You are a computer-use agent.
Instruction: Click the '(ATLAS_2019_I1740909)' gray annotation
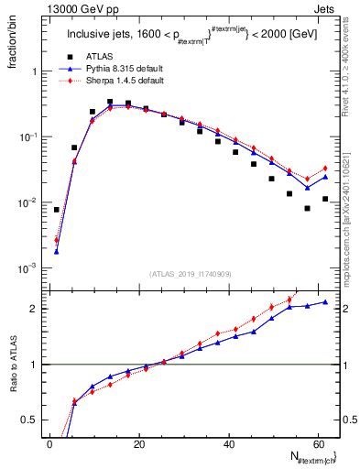pyautogui.click(x=190, y=273)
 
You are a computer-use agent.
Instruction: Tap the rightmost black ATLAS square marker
pyautogui.click(x=325, y=199)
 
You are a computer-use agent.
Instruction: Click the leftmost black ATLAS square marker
pyautogui.click(x=57, y=210)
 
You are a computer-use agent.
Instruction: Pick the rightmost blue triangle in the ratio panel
pyautogui.click(x=325, y=302)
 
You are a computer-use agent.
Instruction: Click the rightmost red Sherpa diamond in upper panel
pyautogui.click(x=325, y=169)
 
